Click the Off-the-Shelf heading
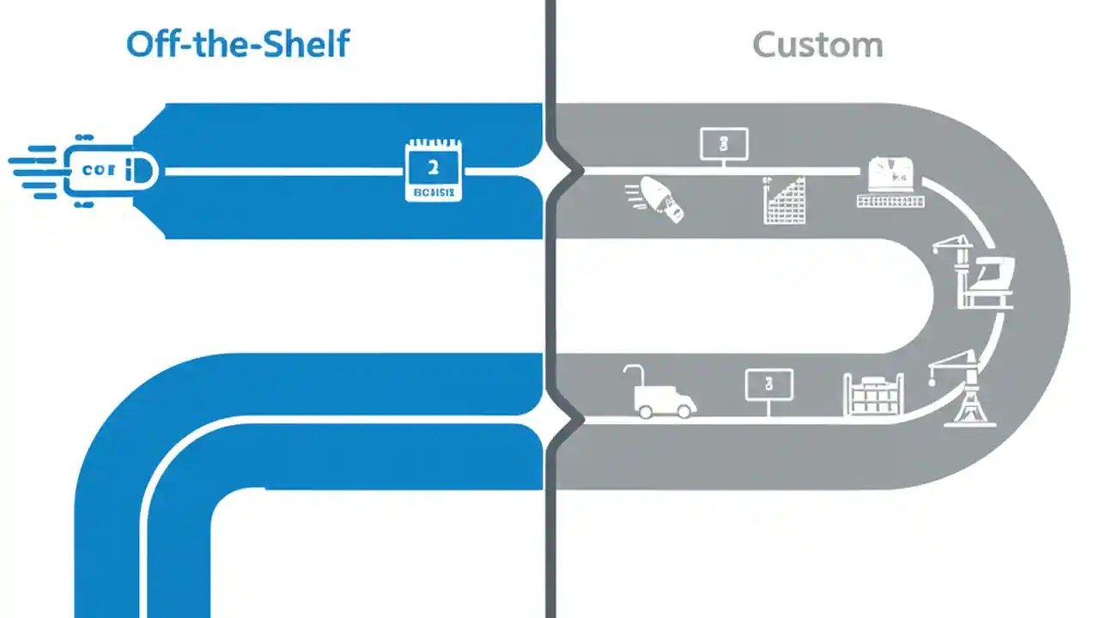238,43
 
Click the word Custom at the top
817,45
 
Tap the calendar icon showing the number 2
433,171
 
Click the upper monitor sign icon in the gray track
724,143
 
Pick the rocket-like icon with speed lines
659,199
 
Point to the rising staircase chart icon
785,201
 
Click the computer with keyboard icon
891,182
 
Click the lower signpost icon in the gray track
768,385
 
